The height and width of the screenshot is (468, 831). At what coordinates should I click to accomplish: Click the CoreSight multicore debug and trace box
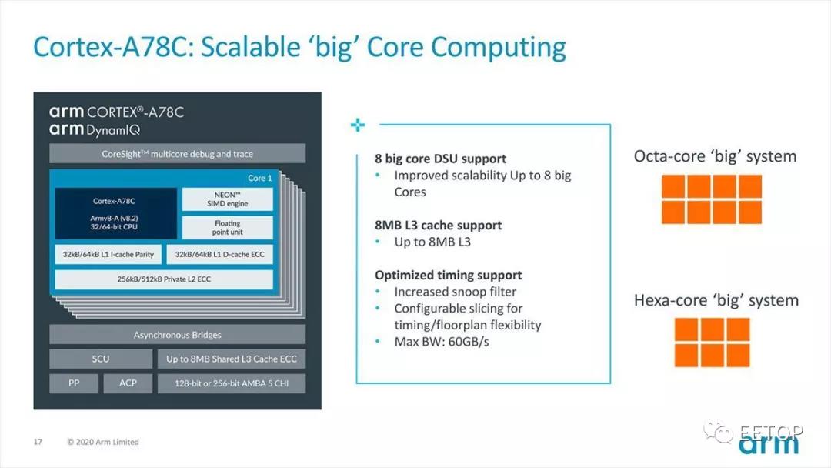click(178, 154)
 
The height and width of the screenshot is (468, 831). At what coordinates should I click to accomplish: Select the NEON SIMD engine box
click(227, 199)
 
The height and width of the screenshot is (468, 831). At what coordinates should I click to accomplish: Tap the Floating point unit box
click(227, 227)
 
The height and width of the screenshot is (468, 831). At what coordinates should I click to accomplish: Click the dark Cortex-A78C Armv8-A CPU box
click(116, 213)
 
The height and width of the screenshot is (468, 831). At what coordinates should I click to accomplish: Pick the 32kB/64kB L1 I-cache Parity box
click(108, 255)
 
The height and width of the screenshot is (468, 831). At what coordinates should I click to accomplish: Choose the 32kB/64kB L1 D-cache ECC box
click(220, 255)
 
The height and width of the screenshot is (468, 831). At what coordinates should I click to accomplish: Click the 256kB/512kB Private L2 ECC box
click(165, 279)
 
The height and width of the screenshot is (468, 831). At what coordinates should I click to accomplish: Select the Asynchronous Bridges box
click(178, 334)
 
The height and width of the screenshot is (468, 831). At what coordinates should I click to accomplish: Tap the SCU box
click(101, 359)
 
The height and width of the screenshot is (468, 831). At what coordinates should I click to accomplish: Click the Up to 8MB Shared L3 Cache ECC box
click(232, 359)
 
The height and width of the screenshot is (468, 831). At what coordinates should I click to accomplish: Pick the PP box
click(74, 383)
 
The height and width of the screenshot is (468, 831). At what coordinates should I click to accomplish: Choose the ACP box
click(128, 383)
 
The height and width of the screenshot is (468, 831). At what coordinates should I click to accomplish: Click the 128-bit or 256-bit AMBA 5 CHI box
click(232, 383)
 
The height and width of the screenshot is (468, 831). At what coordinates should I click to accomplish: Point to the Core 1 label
click(260, 178)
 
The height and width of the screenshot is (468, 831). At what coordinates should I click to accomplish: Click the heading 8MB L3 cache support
click(438, 226)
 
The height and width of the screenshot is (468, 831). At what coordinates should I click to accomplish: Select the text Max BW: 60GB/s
click(442, 342)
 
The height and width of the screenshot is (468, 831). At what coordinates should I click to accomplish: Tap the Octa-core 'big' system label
click(715, 157)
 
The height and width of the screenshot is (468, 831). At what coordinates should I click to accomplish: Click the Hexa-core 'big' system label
click(716, 300)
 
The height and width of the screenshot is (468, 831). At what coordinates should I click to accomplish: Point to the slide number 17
click(38, 442)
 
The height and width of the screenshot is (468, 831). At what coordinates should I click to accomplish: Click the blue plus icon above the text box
click(358, 125)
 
